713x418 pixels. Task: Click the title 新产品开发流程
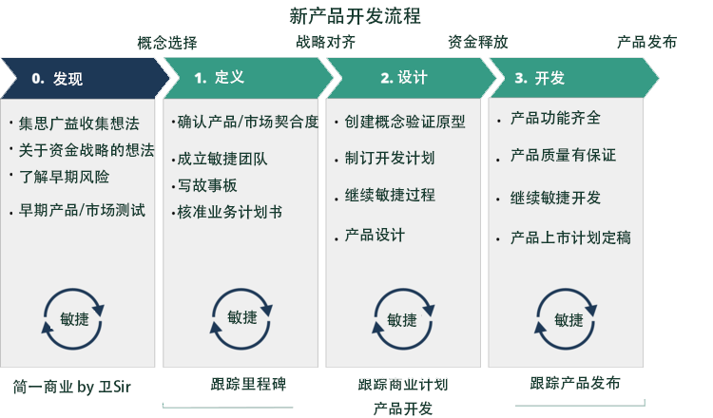355,16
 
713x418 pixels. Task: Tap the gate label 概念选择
167,43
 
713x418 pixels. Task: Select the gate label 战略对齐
326,43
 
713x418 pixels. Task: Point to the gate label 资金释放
477,43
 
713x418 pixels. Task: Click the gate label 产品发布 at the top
647,43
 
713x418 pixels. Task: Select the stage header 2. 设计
404,78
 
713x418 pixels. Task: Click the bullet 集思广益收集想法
79,123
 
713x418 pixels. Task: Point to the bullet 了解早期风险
64,177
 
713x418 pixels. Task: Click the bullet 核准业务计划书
229,211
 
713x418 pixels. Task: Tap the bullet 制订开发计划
390,158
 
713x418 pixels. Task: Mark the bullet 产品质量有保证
563,155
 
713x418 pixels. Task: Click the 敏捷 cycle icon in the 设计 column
402,320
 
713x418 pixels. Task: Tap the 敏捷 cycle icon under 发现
73,319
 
